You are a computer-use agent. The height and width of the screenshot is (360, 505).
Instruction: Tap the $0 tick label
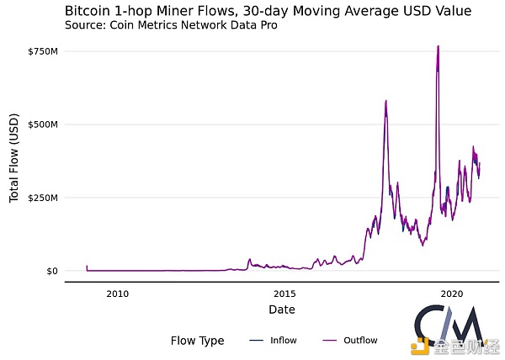(x=51, y=271)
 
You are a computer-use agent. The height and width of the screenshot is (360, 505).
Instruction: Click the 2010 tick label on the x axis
(x=117, y=294)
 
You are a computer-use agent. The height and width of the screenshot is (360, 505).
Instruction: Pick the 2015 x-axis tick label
(x=284, y=294)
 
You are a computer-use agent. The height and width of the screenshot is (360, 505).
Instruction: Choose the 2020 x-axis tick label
(x=452, y=294)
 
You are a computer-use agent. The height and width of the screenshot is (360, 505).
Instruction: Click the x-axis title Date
(x=281, y=310)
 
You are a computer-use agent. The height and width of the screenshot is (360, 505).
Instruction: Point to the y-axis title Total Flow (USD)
(x=14, y=161)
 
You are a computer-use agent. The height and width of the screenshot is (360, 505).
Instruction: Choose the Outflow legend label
(x=362, y=341)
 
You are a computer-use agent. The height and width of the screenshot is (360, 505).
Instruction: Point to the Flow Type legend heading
(x=197, y=341)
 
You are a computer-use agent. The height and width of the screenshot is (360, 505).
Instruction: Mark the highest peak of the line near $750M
(x=439, y=46)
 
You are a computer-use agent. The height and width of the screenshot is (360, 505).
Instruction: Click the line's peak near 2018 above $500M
(x=385, y=102)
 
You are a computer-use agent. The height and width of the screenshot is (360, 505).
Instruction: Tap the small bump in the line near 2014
(x=250, y=260)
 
